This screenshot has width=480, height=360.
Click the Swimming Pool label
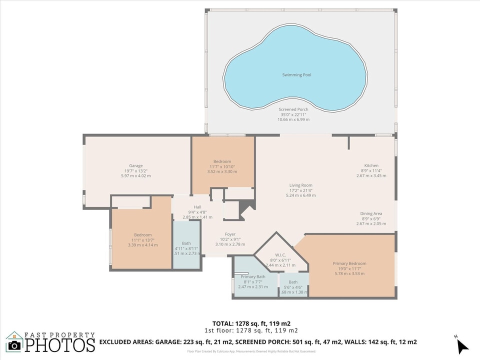tap(296, 75)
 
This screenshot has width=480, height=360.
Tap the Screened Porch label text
tap(293, 109)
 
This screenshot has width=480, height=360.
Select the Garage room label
tap(136, 165)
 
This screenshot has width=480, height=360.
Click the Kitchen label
tap(371, 165)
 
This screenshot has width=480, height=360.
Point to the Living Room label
tap(300, 185)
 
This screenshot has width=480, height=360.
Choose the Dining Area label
tap(371, 213)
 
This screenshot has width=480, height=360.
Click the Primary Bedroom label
tap(349, 263)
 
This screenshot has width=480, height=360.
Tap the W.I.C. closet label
tap(280, 255)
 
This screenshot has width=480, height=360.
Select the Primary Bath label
tap(253, 276)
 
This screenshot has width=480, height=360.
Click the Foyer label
tap(230, 234)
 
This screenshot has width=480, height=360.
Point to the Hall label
tap(197, 207)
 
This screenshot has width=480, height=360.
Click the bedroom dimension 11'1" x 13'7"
tap(142, 240)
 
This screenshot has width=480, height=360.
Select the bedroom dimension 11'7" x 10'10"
tap(222, 166)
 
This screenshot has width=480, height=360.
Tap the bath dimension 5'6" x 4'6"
tap(293, 287)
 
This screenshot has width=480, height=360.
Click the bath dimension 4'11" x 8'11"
tap(186, 248)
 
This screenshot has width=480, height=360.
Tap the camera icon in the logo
tap(14, 345)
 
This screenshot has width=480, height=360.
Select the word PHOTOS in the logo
tap(60, 345)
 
